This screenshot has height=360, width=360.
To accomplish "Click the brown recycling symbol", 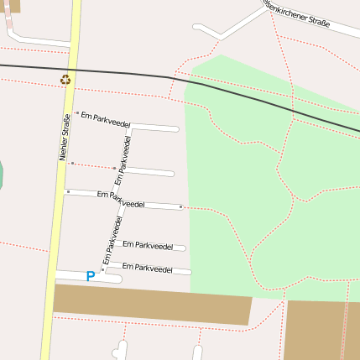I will (x=65, y=81).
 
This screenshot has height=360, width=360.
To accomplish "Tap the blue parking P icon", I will (x=91, y=276).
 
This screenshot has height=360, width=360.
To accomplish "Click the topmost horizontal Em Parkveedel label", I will (x=106, y=118).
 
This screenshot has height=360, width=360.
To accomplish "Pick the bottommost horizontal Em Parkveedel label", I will (x=148, y=268).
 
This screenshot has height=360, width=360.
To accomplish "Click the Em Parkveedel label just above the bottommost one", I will (x=148, y=246).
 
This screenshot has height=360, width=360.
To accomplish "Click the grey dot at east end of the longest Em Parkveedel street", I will (x=180, y=206).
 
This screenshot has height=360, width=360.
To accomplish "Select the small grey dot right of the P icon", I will (x=102, y=269).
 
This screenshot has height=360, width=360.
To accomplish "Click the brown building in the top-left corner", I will (x=9, y=6).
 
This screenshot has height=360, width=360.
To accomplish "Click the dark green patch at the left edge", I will (x=1, y=175).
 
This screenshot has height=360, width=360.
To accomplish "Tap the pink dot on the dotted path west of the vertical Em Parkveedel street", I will (x=115, y=168).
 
